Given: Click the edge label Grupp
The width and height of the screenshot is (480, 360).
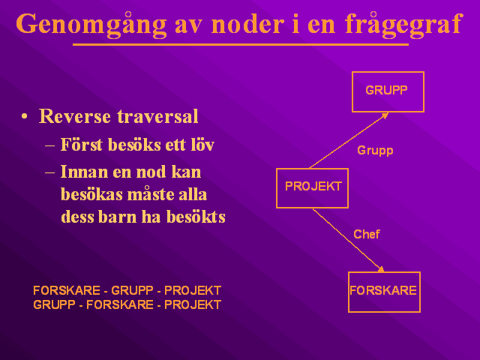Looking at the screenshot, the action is (375, 151).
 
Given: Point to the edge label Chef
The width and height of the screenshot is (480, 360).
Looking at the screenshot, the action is (367, 234).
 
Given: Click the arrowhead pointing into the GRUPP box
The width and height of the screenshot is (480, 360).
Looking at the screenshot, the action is (385, 115).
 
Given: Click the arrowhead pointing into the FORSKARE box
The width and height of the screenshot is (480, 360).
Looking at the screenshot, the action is (380, 269).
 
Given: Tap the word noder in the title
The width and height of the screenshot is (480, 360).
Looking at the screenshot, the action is (247, 24).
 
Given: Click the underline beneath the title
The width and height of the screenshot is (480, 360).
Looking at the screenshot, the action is (241, 45).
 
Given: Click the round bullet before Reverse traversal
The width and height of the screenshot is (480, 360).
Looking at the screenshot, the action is (25, 117).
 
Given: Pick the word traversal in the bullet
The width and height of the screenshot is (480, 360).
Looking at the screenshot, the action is (157, 116).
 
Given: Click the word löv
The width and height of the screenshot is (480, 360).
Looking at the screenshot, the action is (202, 145).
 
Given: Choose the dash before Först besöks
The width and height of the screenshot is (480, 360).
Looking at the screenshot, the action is (49, 145).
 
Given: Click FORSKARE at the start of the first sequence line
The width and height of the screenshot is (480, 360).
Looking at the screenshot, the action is (67, 290).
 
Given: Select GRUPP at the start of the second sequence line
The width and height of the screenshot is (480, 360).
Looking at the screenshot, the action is (54, 304).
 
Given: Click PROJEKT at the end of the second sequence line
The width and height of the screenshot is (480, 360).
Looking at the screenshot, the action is (193, 304).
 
